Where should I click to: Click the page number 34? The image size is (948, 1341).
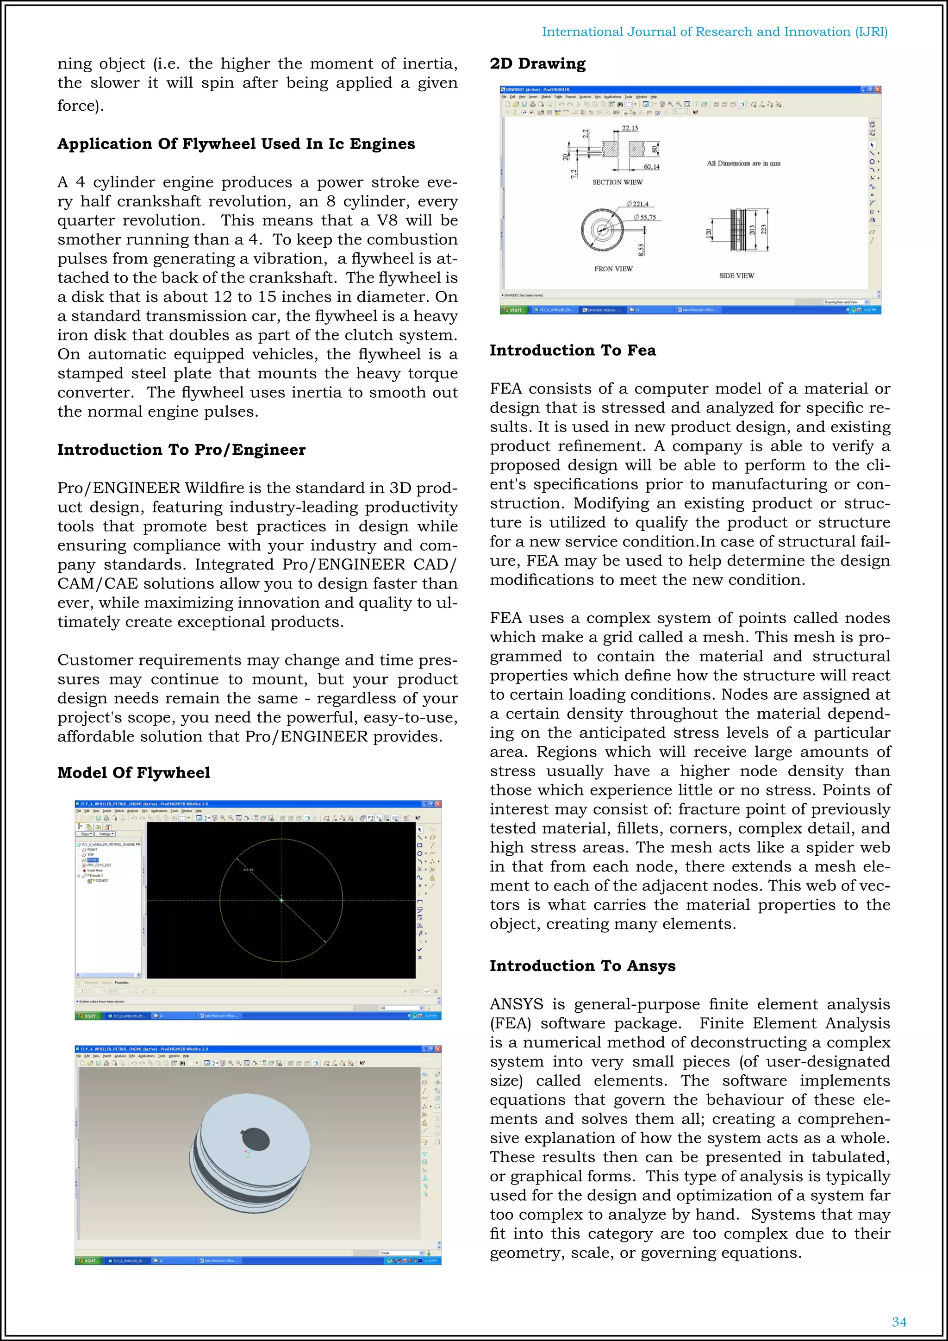(x=899, y=1322)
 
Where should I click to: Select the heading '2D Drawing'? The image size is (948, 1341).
(x=537, y=63)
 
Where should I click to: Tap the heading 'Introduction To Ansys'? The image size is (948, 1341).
(x=582, y=965)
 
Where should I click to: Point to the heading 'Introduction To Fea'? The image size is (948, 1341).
(x=572, y=351)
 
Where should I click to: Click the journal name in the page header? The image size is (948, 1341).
(x=715, y=31)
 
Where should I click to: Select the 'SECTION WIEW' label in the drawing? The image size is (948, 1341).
(x=617, y=182)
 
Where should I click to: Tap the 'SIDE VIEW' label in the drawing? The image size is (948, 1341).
(x=736, y=276)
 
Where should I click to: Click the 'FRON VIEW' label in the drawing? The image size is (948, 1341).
(x=613, y=269)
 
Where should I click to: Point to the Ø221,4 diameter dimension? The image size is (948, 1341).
(x=637, y=204)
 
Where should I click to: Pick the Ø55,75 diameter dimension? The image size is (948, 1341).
(x=644, y=217)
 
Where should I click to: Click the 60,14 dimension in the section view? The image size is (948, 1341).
(x=651, y=167)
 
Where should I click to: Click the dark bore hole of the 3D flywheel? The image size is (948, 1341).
(x=256, y=1139)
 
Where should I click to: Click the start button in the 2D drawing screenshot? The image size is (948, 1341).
(x=512, y=310)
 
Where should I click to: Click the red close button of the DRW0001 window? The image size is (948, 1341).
(x=877, y=89)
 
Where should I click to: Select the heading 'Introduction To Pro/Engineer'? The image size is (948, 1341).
(x=181, y=450)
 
